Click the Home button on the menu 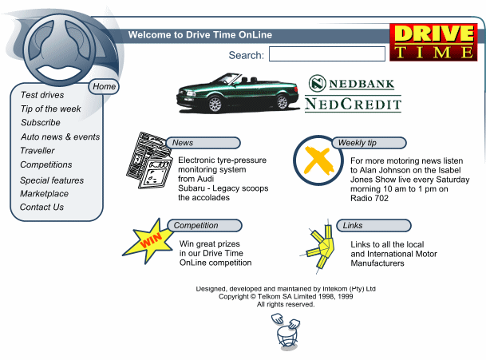pyautogui.click(x=104, y=86)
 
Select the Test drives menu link pyautogui.click(x=42, y=95)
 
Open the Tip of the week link pyautogui.click(x=51, y=109)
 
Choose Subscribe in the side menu pyautogui.click(x=41, y=123)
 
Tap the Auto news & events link pyautogui.click(x=61, y=137)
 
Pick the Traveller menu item pyautogui.click(x=38, y=151)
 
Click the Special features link pyautogui.click(x=52, y=180)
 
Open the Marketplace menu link pyautogui.click(x=45, y=194)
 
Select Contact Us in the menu pyautogui.click(x=42, y=208)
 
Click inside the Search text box pyautogui.click(x=327, y=54)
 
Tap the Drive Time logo pyautogui.click(x=433, y=42)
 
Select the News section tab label pyautogui.click(x=183, y=143)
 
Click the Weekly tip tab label pyautogui.click(x=358, y=143)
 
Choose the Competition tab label pyautogui.click(x=196, y=226)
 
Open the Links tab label pyautogui.click(x=353, y=226)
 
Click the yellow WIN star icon pyautogui.click(x=148, y=241)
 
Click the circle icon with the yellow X pyautogui.click(x=318, y=159)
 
